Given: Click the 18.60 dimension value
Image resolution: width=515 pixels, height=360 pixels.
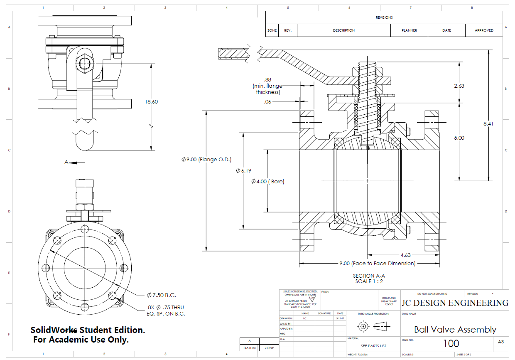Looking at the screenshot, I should point(151,101).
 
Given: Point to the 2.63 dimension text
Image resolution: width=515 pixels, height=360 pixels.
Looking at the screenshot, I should point(459,86).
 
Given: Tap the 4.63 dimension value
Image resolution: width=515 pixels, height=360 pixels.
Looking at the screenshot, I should point(405,255).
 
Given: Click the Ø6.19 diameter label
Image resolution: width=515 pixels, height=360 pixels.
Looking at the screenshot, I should point(243,170).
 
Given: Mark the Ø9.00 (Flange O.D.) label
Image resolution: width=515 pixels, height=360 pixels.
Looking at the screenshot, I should point(206,160).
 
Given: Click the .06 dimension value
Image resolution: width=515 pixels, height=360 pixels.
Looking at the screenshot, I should point(267,101).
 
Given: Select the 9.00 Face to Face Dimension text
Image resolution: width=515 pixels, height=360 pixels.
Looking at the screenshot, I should point(377,263).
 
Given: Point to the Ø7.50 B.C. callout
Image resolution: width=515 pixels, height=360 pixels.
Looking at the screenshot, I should point(161,295).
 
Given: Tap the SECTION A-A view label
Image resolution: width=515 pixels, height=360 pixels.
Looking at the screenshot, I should point(369,276).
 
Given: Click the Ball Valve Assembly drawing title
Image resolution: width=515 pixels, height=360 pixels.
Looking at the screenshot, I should point(455,330).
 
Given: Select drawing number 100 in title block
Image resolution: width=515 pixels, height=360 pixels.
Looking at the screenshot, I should point(451,343).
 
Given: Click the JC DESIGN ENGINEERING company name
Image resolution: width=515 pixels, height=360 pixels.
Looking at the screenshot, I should point(454,303).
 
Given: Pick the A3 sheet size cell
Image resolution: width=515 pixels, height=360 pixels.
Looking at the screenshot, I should point(500,342).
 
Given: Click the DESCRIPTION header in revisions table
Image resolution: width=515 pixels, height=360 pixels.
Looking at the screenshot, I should point(343,30).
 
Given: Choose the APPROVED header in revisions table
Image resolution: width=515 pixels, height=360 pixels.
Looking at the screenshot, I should point(484,30).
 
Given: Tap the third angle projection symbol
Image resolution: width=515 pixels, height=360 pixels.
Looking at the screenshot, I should point(373,326).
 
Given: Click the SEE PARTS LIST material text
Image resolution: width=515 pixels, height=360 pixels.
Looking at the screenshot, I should point(373,346).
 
